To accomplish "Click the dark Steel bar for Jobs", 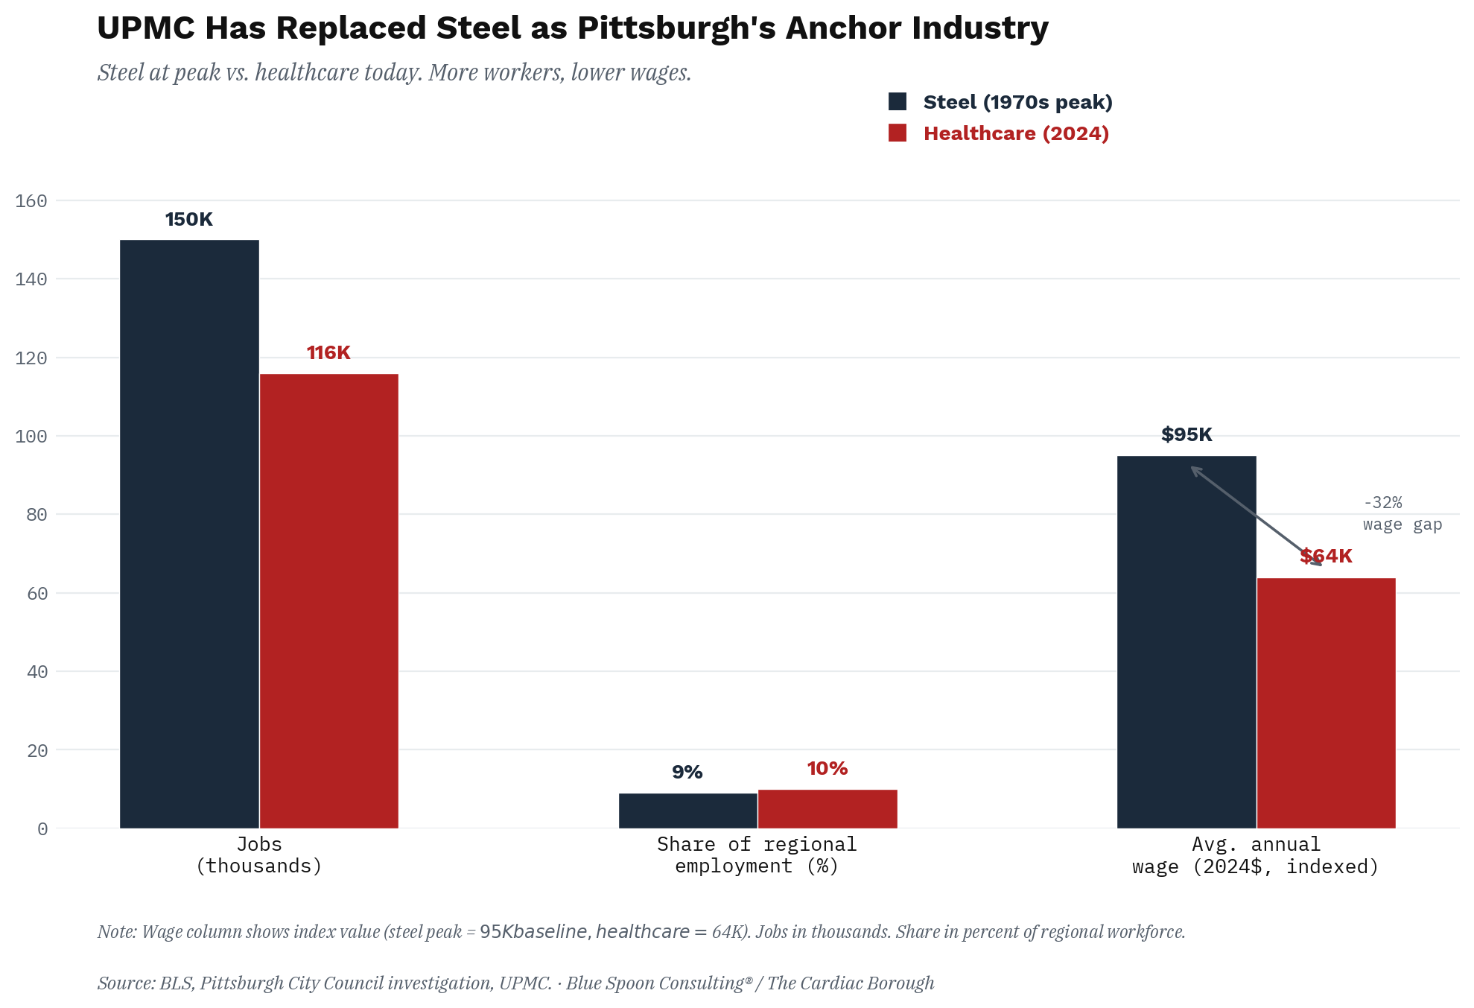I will click(x=189, y=533).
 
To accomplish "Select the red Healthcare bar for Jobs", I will click(x=328, y=600).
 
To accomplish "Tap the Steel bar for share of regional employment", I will click(x=687, y=811).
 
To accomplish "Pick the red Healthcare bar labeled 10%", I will click(x=827, y=808).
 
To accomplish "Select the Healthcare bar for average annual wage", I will click(x=1326, y=703).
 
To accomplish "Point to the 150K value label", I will click(x=189, y=220).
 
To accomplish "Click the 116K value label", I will click(x=328, y=353).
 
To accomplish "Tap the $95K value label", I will click(x=1186, y=435).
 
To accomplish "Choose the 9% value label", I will click(x=687, y=773).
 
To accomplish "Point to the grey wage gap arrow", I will click(x=1257, y=516).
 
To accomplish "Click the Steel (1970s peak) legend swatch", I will click(x=898, y=102).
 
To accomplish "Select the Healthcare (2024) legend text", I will click(x=1016, y=133).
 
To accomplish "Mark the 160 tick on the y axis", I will click(x=31, y=201).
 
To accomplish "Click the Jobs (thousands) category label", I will click(x=258, y=855).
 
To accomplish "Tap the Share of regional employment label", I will click(x=757, y=855).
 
